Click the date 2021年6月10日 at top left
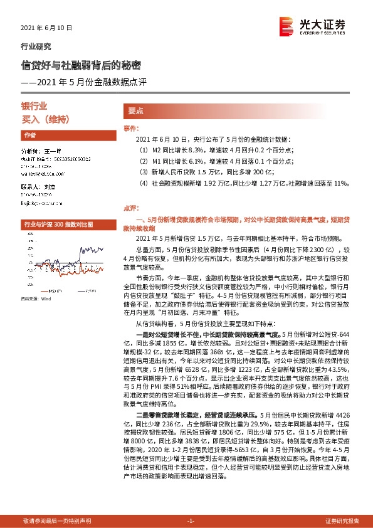tap(47, 28)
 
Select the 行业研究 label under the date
tap(36, 46)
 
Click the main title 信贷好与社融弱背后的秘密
tap(81, 65)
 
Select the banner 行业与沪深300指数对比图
tap(58, 223)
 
